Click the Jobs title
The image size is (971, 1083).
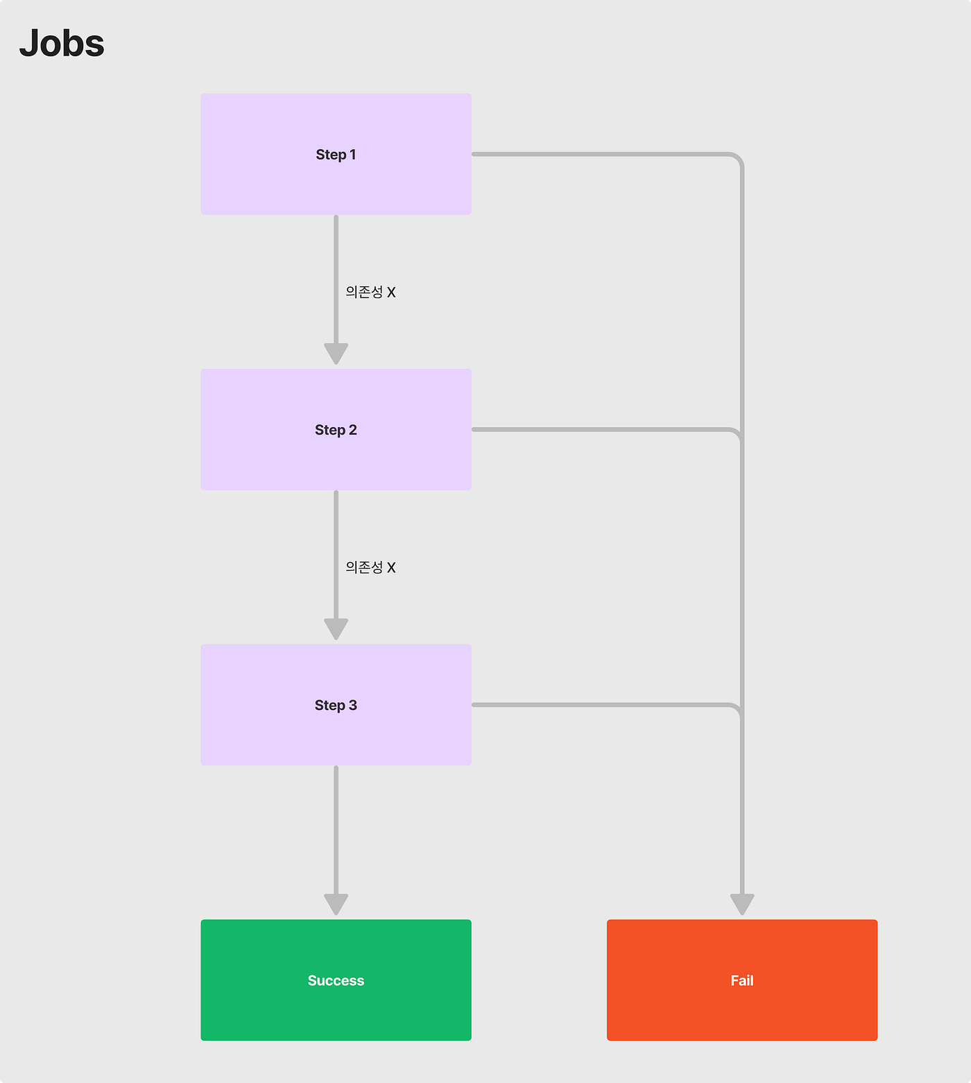62,44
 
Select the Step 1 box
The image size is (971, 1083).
336,154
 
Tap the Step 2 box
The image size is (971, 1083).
336,429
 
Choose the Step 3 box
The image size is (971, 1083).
336,704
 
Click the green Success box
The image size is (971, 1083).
336,980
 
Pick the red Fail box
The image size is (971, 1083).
742,980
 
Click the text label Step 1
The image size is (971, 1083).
336,155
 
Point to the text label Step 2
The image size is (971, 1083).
336,430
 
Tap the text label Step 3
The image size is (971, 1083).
336,705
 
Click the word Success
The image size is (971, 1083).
336,980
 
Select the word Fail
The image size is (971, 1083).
742,980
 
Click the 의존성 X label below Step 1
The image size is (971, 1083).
370,292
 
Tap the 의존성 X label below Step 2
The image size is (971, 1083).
370,567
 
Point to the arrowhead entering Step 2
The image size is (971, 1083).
336,354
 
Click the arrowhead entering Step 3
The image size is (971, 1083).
336,629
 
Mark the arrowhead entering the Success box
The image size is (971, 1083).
336,904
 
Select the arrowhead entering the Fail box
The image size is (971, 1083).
742,904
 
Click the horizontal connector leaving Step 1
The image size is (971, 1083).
600,154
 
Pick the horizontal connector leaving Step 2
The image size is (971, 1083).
600,429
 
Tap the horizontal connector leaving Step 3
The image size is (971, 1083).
600,704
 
